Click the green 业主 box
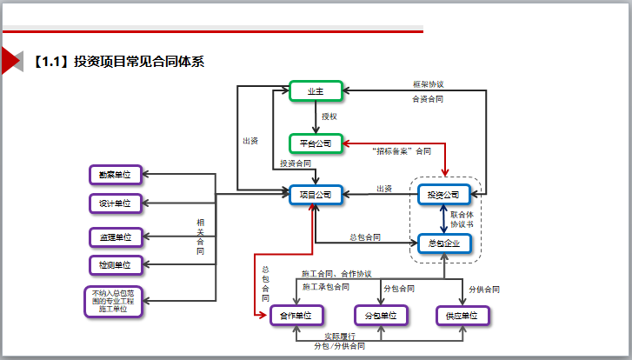click(314, 90)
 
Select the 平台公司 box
click(315, 142)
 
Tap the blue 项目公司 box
click(315, 194)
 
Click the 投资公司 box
click(444, 194)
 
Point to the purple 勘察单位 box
click(115, 175)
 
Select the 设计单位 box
click(115, 203)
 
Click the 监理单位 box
click(115, 237)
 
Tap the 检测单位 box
click(115, 264)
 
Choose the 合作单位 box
click(296, 315)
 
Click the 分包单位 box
click(381, 315)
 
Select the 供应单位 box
click(462, 315)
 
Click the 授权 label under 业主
click(329, 116)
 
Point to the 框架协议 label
click(428, 85)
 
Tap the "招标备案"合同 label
click(401, 150)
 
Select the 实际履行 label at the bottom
click(339, 336)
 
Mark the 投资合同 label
click(296, 163)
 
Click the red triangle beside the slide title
click(10, 62)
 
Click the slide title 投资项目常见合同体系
click(139, 62)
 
